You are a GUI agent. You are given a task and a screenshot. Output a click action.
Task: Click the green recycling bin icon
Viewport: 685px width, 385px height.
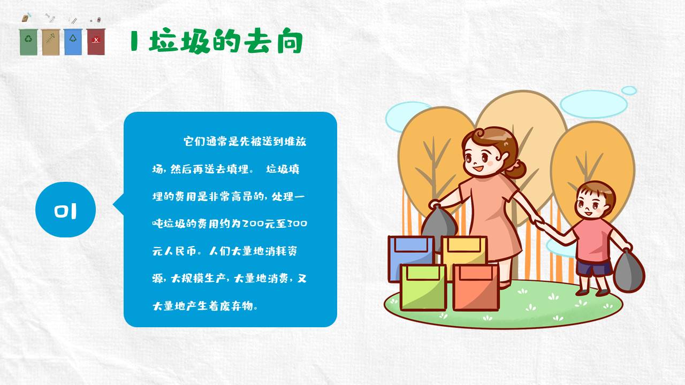[28, 42]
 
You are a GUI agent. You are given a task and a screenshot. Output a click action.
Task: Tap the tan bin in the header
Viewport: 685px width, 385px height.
[51, 42]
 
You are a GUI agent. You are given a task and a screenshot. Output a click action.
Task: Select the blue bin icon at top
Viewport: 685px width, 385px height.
[73, 42]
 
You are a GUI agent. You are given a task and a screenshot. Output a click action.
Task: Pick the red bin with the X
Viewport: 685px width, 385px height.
[96, 42]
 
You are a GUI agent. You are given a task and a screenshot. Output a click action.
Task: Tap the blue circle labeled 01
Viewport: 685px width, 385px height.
[65, 210]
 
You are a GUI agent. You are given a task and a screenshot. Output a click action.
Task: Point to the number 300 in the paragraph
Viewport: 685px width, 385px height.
[298, 224]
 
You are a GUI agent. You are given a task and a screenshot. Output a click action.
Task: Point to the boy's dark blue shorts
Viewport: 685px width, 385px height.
[593, 268]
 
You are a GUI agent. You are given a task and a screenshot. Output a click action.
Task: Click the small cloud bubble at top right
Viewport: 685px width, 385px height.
[629, 90]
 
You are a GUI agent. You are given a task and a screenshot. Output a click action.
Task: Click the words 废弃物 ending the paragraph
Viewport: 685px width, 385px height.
[241, 306]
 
